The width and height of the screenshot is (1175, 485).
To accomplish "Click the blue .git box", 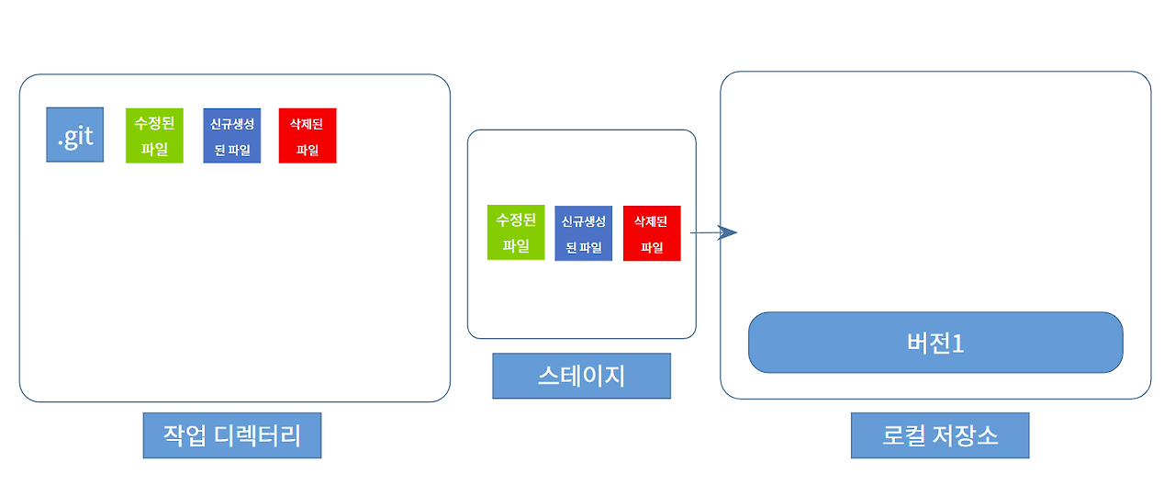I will pos(75,135).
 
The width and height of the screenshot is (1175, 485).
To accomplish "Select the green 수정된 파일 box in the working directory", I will pos(155,135).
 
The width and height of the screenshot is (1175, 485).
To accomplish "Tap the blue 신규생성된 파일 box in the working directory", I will pos(232,136).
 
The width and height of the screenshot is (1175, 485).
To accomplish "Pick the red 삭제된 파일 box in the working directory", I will pos(308,136).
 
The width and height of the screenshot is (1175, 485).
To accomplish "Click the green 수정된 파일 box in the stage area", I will pos(516,232).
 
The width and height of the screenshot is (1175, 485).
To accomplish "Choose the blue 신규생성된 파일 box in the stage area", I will pos(584,233).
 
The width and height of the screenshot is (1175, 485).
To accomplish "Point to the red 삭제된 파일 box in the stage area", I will pos(652,233).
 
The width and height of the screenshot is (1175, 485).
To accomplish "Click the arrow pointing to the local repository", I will pos(712,232).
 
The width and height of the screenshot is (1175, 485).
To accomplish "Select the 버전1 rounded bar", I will pos(935,343).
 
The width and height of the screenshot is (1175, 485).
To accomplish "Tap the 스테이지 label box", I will pos(581,376).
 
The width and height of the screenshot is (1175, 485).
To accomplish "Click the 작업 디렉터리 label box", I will pos(232,435).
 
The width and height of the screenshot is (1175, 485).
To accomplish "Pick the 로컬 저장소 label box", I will pos(940,435).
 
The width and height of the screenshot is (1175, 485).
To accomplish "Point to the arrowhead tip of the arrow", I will pos(736,232).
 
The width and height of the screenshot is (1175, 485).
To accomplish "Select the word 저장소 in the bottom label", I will pos(964,435).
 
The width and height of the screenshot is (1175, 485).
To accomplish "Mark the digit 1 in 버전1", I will pos(958,344).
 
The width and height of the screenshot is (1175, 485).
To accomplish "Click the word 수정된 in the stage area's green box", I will pos(516,220).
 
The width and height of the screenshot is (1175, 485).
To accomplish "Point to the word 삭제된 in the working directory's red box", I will pos(308,124).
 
